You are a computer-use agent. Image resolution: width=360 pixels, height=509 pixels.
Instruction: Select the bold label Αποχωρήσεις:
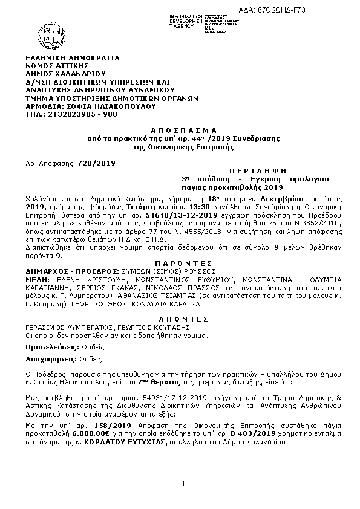pyautogui.click(x=51, y=359)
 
